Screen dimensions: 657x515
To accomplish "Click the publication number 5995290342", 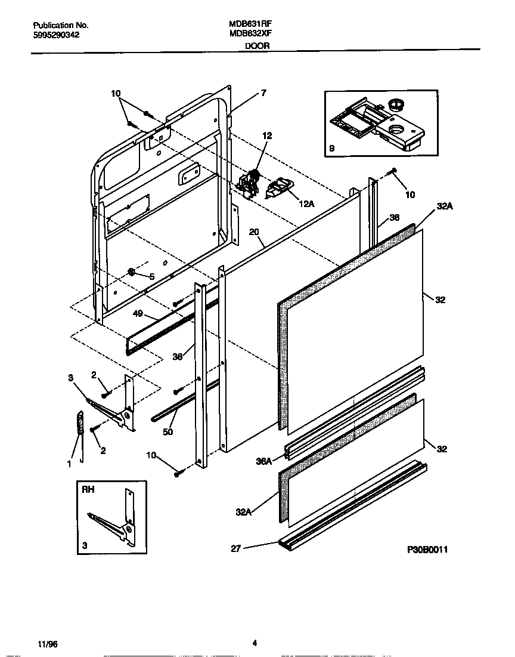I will (x=56, y=35).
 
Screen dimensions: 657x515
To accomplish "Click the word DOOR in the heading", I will (x=257, y=45).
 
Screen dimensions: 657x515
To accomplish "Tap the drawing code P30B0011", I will (x=427, y=549).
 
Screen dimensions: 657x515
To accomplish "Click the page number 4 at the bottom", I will (x=255, y=643).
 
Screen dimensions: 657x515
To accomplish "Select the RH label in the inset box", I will (x=89, y=489).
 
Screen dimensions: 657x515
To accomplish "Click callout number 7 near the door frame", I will (x=263, y=92).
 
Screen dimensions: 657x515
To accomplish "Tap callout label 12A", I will (x=306, y=203).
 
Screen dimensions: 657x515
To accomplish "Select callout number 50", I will (x=168, y=431).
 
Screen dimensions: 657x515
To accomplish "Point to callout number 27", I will (x=235, y=549).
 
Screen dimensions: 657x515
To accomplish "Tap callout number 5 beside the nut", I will (x=151, y=276).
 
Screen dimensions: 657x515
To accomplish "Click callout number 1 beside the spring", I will (x=69, y=464).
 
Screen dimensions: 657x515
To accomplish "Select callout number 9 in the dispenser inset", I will (x=331, y=148).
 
